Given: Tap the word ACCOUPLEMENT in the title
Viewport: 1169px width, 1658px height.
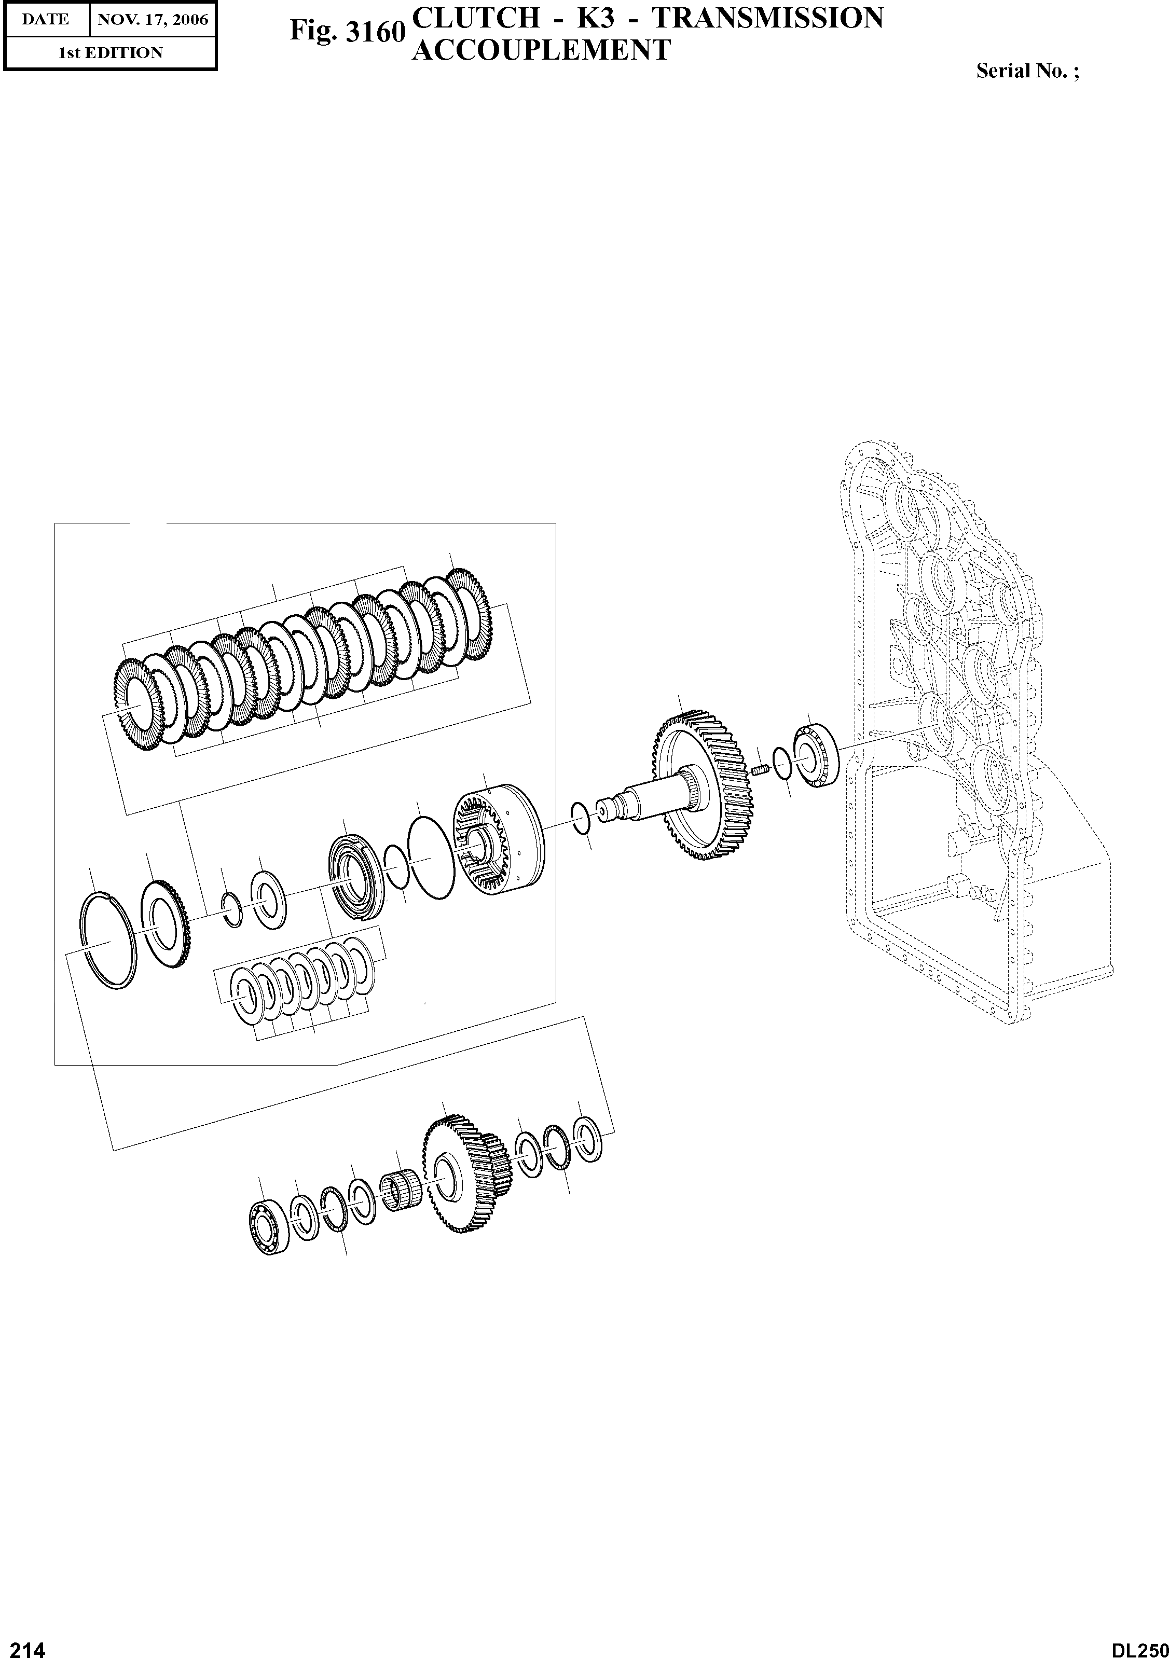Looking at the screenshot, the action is click(541, 50).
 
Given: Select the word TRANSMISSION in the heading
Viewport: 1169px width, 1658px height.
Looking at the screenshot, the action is click(767, 19).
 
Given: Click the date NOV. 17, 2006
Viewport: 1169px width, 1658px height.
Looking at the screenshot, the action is click(153, 20).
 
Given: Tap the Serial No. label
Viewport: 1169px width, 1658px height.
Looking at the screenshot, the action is click(1027, 71).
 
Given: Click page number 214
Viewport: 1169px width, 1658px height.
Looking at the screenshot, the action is click(23, 1645).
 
